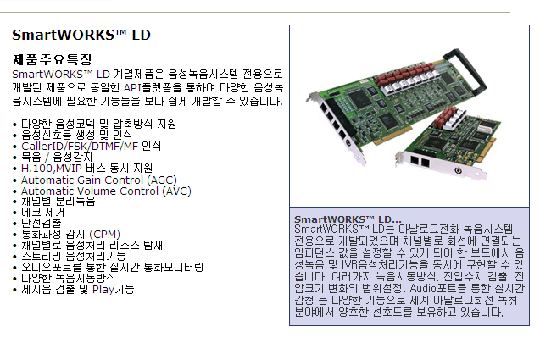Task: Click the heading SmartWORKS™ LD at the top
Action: pyautogui.click(x=81, y=35)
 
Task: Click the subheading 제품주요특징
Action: pyautogui.click(x=52, y=59)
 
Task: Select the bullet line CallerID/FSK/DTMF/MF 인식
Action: pyautogui.click(x=91, y=146)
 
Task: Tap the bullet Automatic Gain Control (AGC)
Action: pyautogui.click(x=99, y=180)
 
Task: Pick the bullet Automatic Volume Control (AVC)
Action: pyautogui.click(x=106, y=191)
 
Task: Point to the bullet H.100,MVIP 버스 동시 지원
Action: pyautogui.click(x=86, y=168)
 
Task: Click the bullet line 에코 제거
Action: pyautogui.click(x=42, y=212)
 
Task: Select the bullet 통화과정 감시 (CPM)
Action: pyautogui.click(x=70, y=234)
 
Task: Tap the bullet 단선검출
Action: pyautogui.click(x=42, y=223)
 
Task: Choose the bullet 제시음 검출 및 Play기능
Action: pyautogui.click(x=78, y=289)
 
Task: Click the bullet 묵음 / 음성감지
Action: pyautogui.click(x=57, y=157)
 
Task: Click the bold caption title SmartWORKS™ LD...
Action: pyautogui.click(x=348, y=219)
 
